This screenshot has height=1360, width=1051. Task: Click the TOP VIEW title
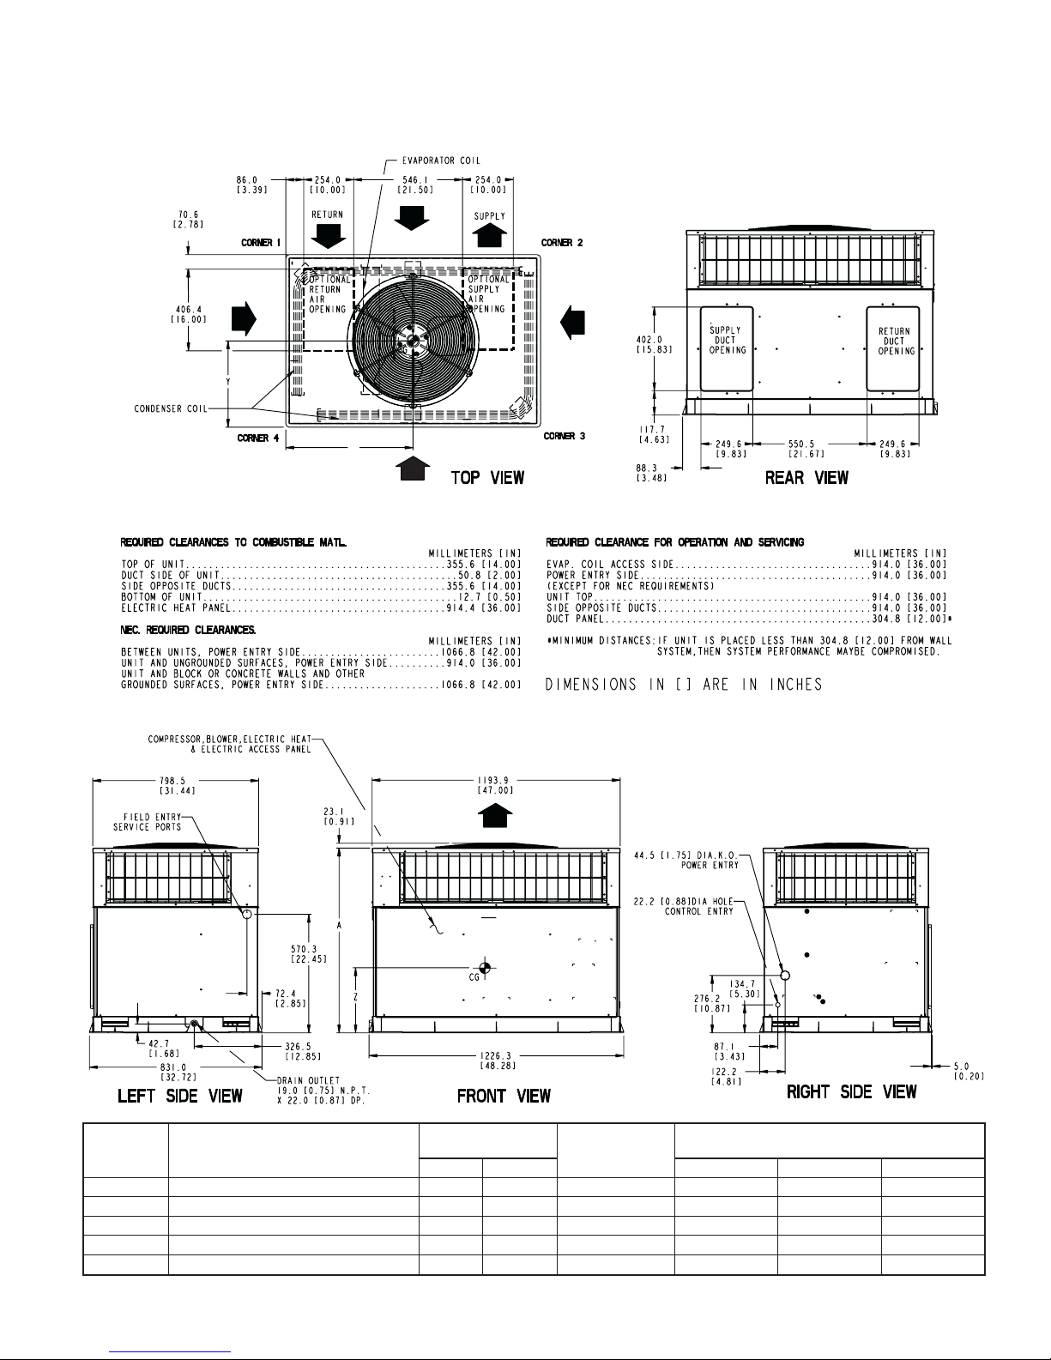[x=487, y=478]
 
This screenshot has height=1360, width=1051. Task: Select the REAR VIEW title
[x=806, y=478]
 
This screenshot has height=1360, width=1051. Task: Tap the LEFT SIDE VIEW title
[x=179, y=1095]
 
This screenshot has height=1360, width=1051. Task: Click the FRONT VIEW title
[x=504, y=1095]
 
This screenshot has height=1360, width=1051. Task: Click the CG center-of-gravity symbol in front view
[x=484, y=968]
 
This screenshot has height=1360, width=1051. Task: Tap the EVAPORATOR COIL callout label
[x=441, y=160]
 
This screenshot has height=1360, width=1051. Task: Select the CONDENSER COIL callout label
[x=171, y=408]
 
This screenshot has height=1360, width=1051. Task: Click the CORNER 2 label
[x=562, y=243]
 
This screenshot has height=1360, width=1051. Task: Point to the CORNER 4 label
[x=257, y=438]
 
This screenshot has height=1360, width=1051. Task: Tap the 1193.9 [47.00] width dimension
[x=494, y=785]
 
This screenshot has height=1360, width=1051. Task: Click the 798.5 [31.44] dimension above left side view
[x=177, y=785]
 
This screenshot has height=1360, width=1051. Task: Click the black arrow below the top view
[x=414, y=468]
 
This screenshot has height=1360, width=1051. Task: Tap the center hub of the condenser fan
[x=414, y=340]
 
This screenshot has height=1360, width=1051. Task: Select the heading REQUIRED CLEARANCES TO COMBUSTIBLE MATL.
[x=233, y=542]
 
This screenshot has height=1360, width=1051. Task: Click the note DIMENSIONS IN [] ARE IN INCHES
[x=684, y=684]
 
